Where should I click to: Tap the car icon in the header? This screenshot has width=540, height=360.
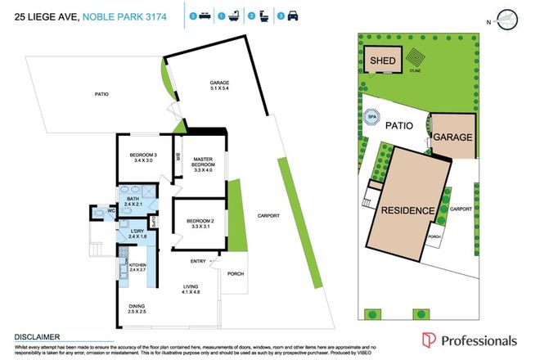click(292, 16)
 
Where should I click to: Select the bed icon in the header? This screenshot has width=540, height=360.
click(204, 16)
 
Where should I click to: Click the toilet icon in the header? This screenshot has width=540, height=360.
click(262, 16)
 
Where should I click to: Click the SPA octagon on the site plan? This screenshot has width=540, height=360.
click(372, 117)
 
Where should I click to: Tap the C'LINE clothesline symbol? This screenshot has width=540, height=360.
click(416, 61)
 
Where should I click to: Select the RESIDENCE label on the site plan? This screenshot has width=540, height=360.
click(407, 210)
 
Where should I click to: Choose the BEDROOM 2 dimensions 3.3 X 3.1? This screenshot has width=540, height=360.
click(199, 227)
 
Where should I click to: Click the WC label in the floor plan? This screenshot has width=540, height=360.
click(101, 212)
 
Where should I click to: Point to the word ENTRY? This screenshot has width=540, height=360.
click(198, 261)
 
